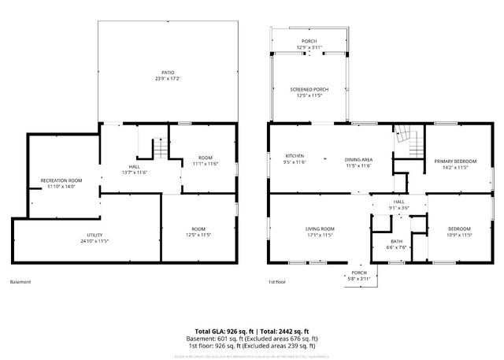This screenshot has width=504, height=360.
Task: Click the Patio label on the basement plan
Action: pos(164,76)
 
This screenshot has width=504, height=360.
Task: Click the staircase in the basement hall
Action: pos(158,148)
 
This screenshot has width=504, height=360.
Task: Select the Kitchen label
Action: pos(294,158)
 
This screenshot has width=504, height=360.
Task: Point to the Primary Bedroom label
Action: pos(455,164)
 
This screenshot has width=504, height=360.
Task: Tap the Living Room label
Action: pos(320,232)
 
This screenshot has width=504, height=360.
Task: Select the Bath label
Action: pos(396,243)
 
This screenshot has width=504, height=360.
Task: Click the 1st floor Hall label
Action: pos(399,204)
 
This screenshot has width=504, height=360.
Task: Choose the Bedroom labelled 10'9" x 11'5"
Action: pos(451,232)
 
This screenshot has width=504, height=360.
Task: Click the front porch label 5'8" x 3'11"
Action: pos(358,275)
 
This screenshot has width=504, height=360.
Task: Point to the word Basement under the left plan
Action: pos(21,282)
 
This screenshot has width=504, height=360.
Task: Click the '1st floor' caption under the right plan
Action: pos(277,282)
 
